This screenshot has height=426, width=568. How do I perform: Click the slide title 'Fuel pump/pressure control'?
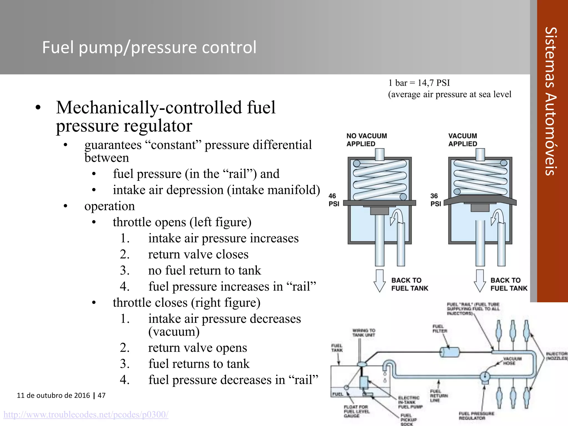149,47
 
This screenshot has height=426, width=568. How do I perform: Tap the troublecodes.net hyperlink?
86,414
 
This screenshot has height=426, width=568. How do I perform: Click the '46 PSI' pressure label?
334,200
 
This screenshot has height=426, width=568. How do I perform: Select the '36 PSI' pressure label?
435,200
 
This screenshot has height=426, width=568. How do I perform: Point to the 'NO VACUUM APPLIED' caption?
366,140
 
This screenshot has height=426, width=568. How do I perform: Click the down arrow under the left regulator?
379,281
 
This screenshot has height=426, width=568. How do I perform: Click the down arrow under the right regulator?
480,281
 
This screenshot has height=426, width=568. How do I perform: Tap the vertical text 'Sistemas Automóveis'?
551,101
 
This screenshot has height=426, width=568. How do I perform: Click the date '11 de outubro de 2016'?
53,395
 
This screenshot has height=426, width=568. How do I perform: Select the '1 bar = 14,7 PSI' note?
419,83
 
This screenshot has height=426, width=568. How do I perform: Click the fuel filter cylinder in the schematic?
449,352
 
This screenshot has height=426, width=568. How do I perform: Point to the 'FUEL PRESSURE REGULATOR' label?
476,416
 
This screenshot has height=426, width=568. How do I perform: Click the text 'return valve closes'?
198,254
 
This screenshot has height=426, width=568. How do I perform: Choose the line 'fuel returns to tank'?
199,364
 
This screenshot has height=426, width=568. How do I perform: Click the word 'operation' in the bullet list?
110,206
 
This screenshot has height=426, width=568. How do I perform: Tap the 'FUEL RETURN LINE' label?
439,396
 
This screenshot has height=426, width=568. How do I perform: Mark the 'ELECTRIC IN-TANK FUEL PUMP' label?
410,402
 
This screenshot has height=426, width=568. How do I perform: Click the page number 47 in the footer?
102,395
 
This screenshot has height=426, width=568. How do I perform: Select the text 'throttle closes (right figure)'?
186,303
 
